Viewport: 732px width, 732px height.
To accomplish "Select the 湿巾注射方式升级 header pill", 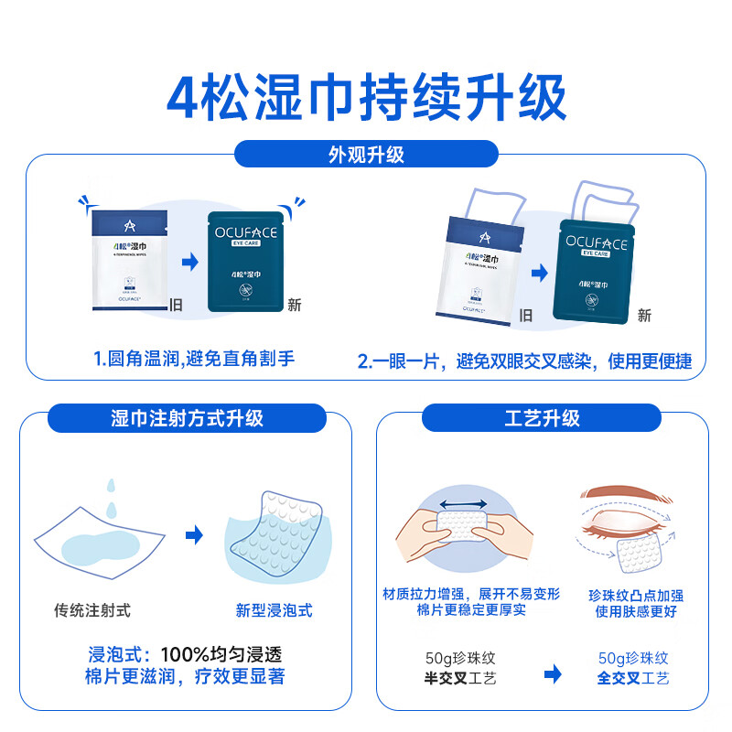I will click(187, 418).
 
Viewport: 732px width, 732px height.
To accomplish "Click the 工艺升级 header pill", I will click(542, 418).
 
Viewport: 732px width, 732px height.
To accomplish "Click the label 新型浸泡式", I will click(274, 609).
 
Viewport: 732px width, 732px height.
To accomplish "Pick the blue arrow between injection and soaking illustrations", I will click(194, 535).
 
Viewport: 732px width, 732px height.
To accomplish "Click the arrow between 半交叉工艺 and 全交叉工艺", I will click(553, 675).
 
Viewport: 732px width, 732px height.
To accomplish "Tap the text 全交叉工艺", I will click(633, 678).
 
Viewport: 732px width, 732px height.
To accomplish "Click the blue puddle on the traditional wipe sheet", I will click(102, 549).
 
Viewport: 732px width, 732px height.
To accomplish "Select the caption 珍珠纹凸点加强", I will click(635, 595).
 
